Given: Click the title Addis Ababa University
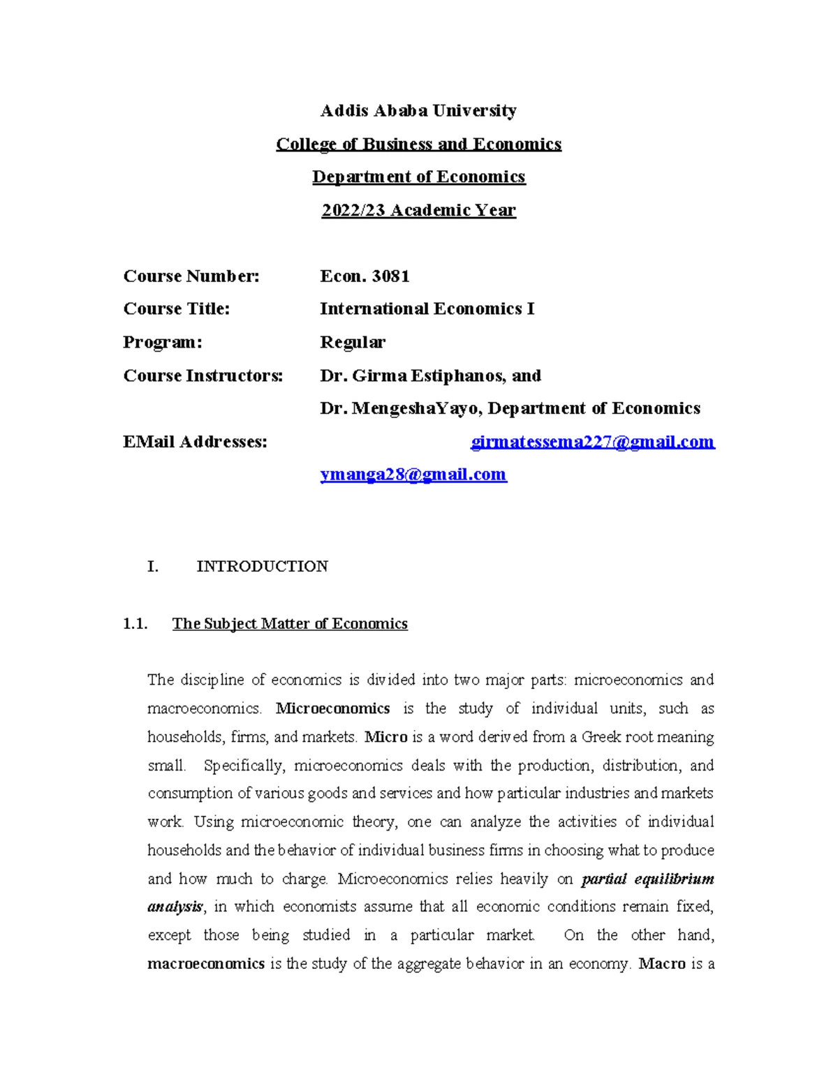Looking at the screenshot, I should point(418,111).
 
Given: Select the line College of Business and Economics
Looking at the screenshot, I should point(418,144).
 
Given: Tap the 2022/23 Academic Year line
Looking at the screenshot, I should point(418,210).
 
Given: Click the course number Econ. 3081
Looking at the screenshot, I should point(365,276).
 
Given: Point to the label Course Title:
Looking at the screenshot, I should point(176,309).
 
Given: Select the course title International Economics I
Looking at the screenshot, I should point(427,309).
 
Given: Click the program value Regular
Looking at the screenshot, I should point(353,343).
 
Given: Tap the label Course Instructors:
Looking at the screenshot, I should point(203,376).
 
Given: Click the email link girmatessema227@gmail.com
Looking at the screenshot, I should point(593,442).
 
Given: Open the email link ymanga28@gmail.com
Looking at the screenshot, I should point(413,475).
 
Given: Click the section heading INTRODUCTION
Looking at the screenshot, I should point(262,566).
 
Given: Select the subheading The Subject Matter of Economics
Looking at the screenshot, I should point(290,623).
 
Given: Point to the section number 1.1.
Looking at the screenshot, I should point(135,623).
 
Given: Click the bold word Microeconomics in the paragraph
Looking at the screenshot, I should point(333,708).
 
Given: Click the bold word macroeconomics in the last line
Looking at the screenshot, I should point(206,964).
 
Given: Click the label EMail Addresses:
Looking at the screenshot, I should point(195,442).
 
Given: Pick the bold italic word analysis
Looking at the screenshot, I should point(175,907).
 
